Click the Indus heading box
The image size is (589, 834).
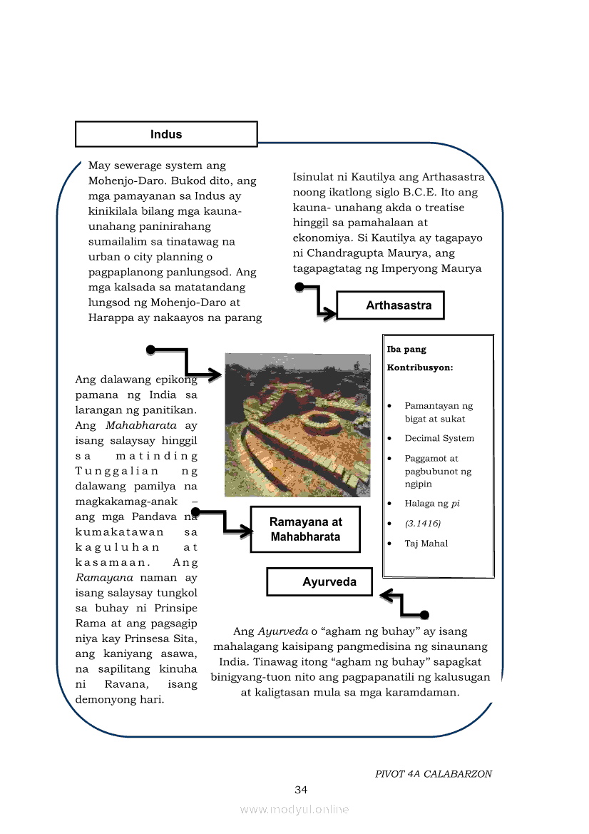[x=166, y=134]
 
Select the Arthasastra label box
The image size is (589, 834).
[x=390, y=305]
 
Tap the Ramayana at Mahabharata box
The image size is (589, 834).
[x=305, y=530]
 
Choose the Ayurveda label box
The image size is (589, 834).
[x=320, y=582]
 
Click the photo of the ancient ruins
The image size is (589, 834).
[x=297, y=424]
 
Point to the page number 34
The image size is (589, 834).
[x=301, y=789]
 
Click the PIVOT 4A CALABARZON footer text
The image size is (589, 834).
[x=434, y=773]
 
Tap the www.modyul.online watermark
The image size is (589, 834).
[x=294, y=809]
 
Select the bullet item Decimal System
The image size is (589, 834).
[x=439, y=438]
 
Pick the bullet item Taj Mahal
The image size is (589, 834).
[x=426, y=543]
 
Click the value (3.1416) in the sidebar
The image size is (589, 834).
[x=423, y=523]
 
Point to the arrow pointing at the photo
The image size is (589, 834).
[x=185, y=362]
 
